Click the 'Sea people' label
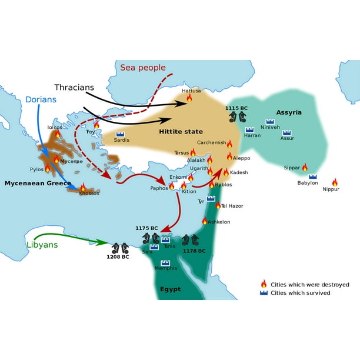point(143,68)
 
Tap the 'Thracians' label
point(74,88)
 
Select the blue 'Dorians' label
point(41,99)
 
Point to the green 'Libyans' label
point(42,244)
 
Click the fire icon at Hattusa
point(189,98)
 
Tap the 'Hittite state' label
point(181,132)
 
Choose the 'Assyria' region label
point(289,112)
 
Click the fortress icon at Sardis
point(120,135)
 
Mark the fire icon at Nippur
point(335,182)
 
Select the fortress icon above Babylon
point(312,176)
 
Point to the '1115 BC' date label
point(236,108)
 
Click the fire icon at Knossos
point(83,188)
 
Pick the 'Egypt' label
point(170,289)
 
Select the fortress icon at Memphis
point(165,263)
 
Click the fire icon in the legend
point(264,284)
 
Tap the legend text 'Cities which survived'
point(300,293)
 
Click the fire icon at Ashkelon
point(205,221)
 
